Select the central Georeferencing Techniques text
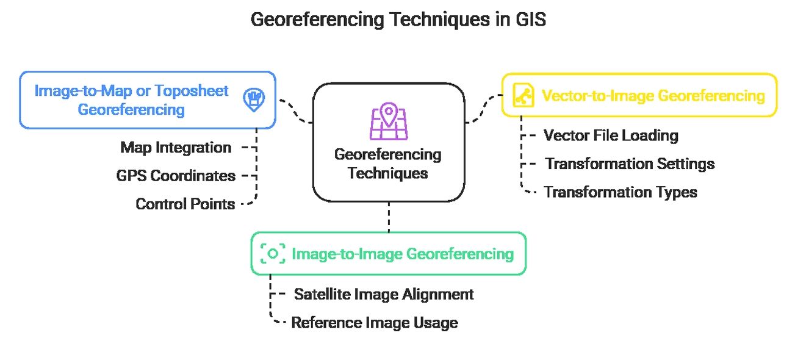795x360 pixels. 388,163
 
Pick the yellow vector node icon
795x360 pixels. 522,95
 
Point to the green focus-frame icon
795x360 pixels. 273,253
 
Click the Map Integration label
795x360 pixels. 176,147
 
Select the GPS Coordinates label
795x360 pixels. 176,176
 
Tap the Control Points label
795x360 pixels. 185,204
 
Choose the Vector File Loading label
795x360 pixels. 611,135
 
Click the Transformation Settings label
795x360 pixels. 630,164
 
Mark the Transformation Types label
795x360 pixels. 621,192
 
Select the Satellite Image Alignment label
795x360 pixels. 384,294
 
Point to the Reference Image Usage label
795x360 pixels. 375,322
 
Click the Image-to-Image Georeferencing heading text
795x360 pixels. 403,253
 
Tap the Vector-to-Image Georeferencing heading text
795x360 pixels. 653,96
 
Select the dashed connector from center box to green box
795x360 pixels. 389,217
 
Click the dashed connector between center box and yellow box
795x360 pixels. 483,110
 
